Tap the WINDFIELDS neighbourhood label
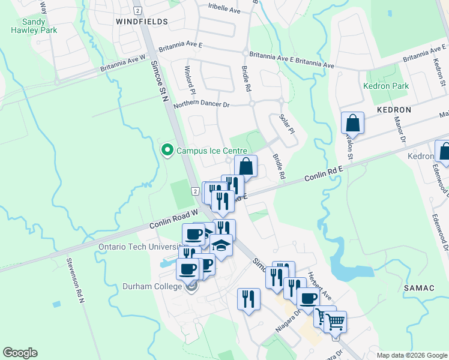[142, 21]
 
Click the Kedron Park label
[386, 86]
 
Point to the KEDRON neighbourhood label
[394, 110]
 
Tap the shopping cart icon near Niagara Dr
[335, 321]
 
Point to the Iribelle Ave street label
[224, 11]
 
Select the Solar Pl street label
[288, 122]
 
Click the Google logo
[20, 353]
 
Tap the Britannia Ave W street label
[123, 65]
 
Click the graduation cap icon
[221, 245]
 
